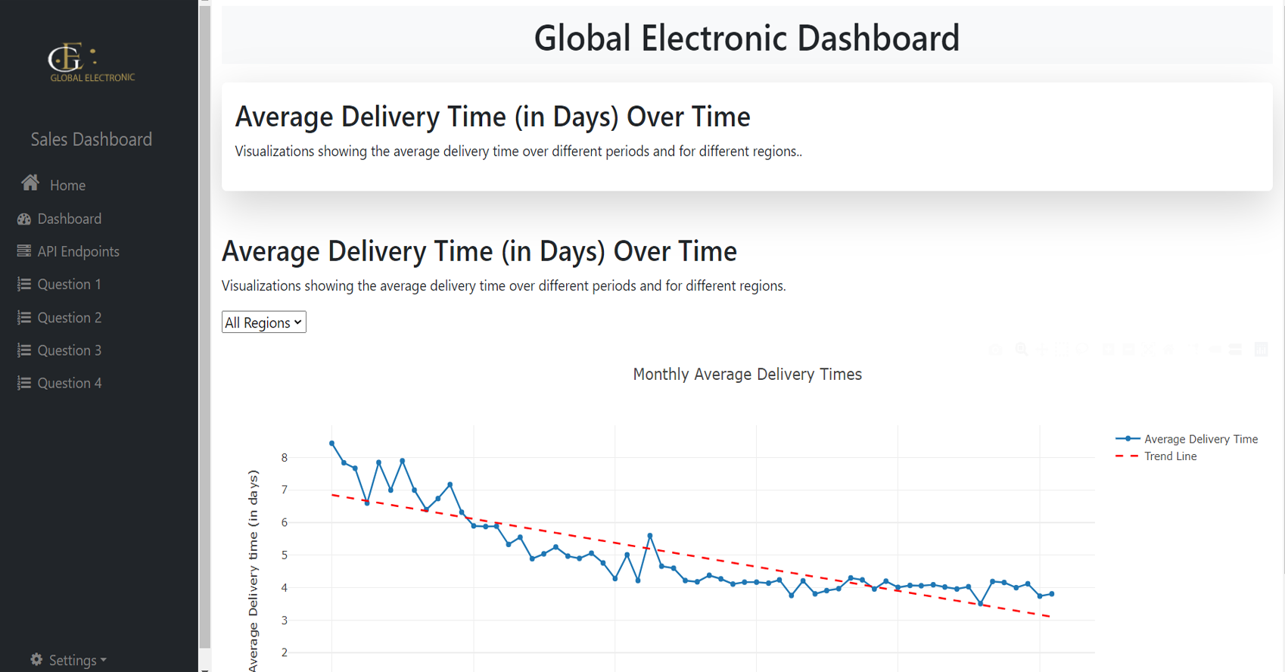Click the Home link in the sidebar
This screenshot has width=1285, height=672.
click(67, 185)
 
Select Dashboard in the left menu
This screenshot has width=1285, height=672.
click(69, 219)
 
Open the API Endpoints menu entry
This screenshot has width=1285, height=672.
click(78, 251)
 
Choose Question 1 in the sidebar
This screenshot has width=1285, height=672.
click(69, 285)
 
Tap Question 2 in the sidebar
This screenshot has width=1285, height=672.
click(69, 318)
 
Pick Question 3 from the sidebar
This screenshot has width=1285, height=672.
click(69, 350)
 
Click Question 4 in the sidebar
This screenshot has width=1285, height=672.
click(69, 383)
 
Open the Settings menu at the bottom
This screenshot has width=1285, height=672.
click(69, 660)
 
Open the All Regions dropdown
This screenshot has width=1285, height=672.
click(263, 322)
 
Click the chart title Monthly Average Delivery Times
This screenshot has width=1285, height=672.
click(747, 375)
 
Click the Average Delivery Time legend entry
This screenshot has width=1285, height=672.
click(1200, 439)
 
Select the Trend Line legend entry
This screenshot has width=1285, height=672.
click(1170, 456)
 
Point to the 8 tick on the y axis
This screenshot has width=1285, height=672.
click(285, 457)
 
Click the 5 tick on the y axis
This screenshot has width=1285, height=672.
click(285, 555)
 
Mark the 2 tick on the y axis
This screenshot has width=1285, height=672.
click(285, 652)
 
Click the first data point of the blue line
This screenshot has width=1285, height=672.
click(332, 443)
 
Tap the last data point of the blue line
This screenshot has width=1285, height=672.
click(1052, 594)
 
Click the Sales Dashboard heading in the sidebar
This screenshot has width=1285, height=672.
click(91, 139)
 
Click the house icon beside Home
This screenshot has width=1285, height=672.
click(30, 183)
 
